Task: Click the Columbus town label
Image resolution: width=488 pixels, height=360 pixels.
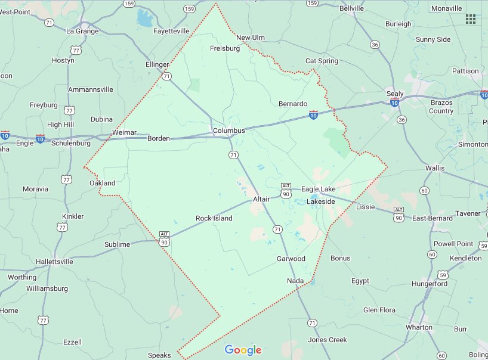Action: (x=229, y=131)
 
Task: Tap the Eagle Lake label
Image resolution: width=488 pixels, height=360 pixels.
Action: (x=318, y=189)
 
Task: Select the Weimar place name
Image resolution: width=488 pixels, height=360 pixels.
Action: (x=125, y=132)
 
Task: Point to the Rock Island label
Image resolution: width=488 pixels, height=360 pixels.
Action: (x=214, y=219)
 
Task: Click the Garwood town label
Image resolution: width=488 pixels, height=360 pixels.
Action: (x=291, y=259)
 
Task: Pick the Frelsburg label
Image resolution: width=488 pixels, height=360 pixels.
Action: (x=225, y=48)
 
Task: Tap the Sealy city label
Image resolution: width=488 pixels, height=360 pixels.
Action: (x=395, y=94)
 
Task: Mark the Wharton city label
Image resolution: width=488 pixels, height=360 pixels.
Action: (x=419, y=327)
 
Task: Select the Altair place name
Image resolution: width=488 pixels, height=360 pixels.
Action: (x=261, y=199)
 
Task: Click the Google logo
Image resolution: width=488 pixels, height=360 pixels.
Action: (x=243, y=350)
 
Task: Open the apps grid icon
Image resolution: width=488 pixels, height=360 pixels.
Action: (x=471, y=19)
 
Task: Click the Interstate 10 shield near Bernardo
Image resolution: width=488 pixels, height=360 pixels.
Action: (x=313, y=113)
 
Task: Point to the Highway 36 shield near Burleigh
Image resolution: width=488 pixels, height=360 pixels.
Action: (x=375, y=45)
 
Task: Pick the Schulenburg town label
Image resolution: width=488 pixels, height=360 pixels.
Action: (x=71, y=143)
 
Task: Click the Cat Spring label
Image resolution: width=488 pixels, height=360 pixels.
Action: (x=322, y=61)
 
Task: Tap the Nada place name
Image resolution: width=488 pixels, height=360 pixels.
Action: (x=295, y=281)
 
